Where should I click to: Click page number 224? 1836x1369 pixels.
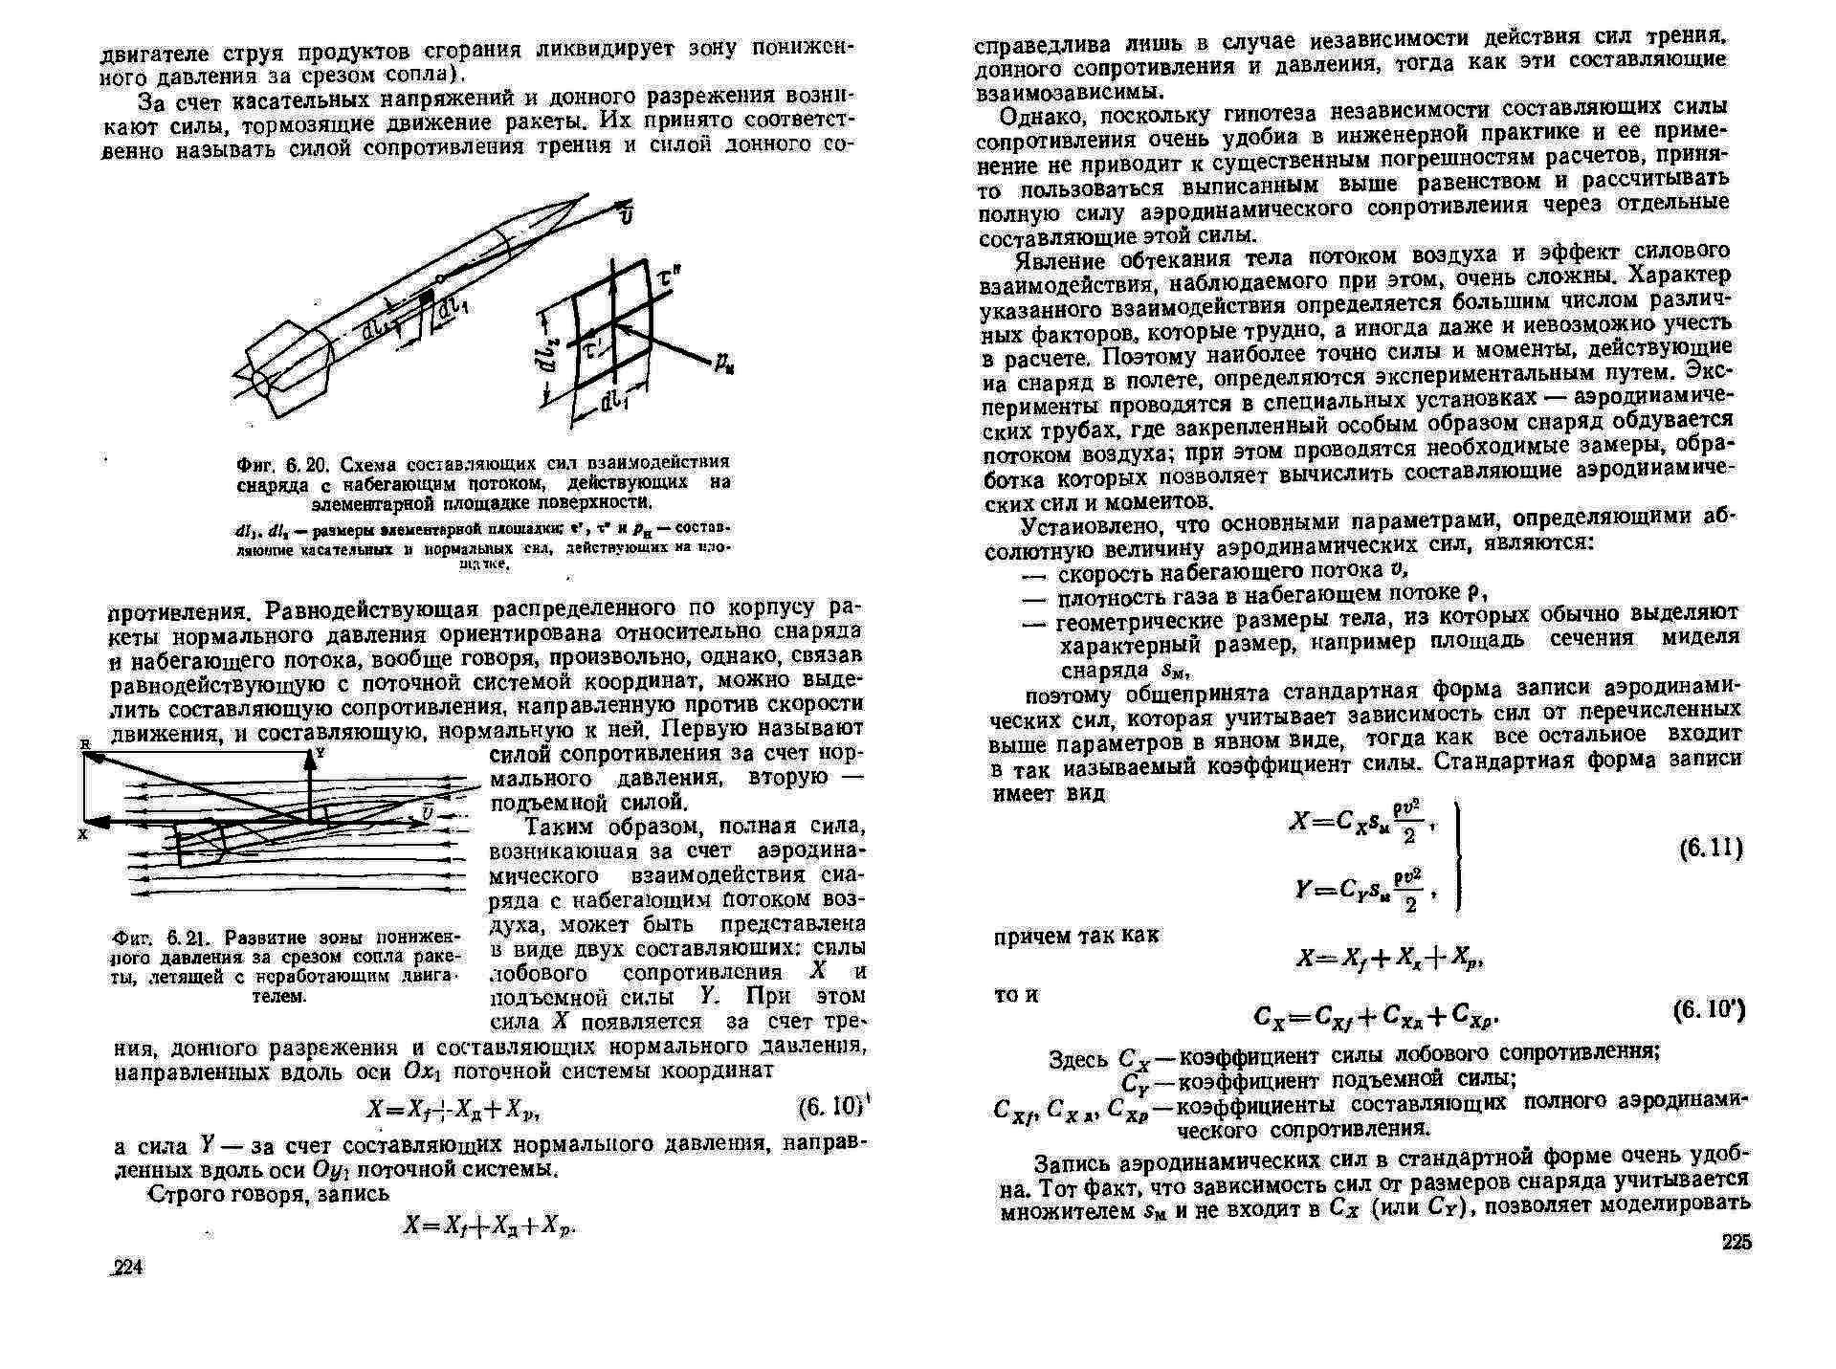pos(126,1269)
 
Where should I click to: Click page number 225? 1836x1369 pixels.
pos(1736,1243)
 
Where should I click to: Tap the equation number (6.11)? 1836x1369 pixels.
pos(1711,848)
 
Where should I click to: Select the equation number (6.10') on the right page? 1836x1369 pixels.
pos(1709,1010)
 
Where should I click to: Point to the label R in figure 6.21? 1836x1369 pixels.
pos(83,743)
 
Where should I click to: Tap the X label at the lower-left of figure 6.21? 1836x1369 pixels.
pos(83,834)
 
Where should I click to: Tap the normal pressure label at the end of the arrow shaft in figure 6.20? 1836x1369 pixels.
pos(722,364)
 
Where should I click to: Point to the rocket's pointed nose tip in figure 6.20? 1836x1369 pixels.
pos(586,196)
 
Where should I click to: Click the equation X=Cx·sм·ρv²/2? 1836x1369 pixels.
pos(1358,823)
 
